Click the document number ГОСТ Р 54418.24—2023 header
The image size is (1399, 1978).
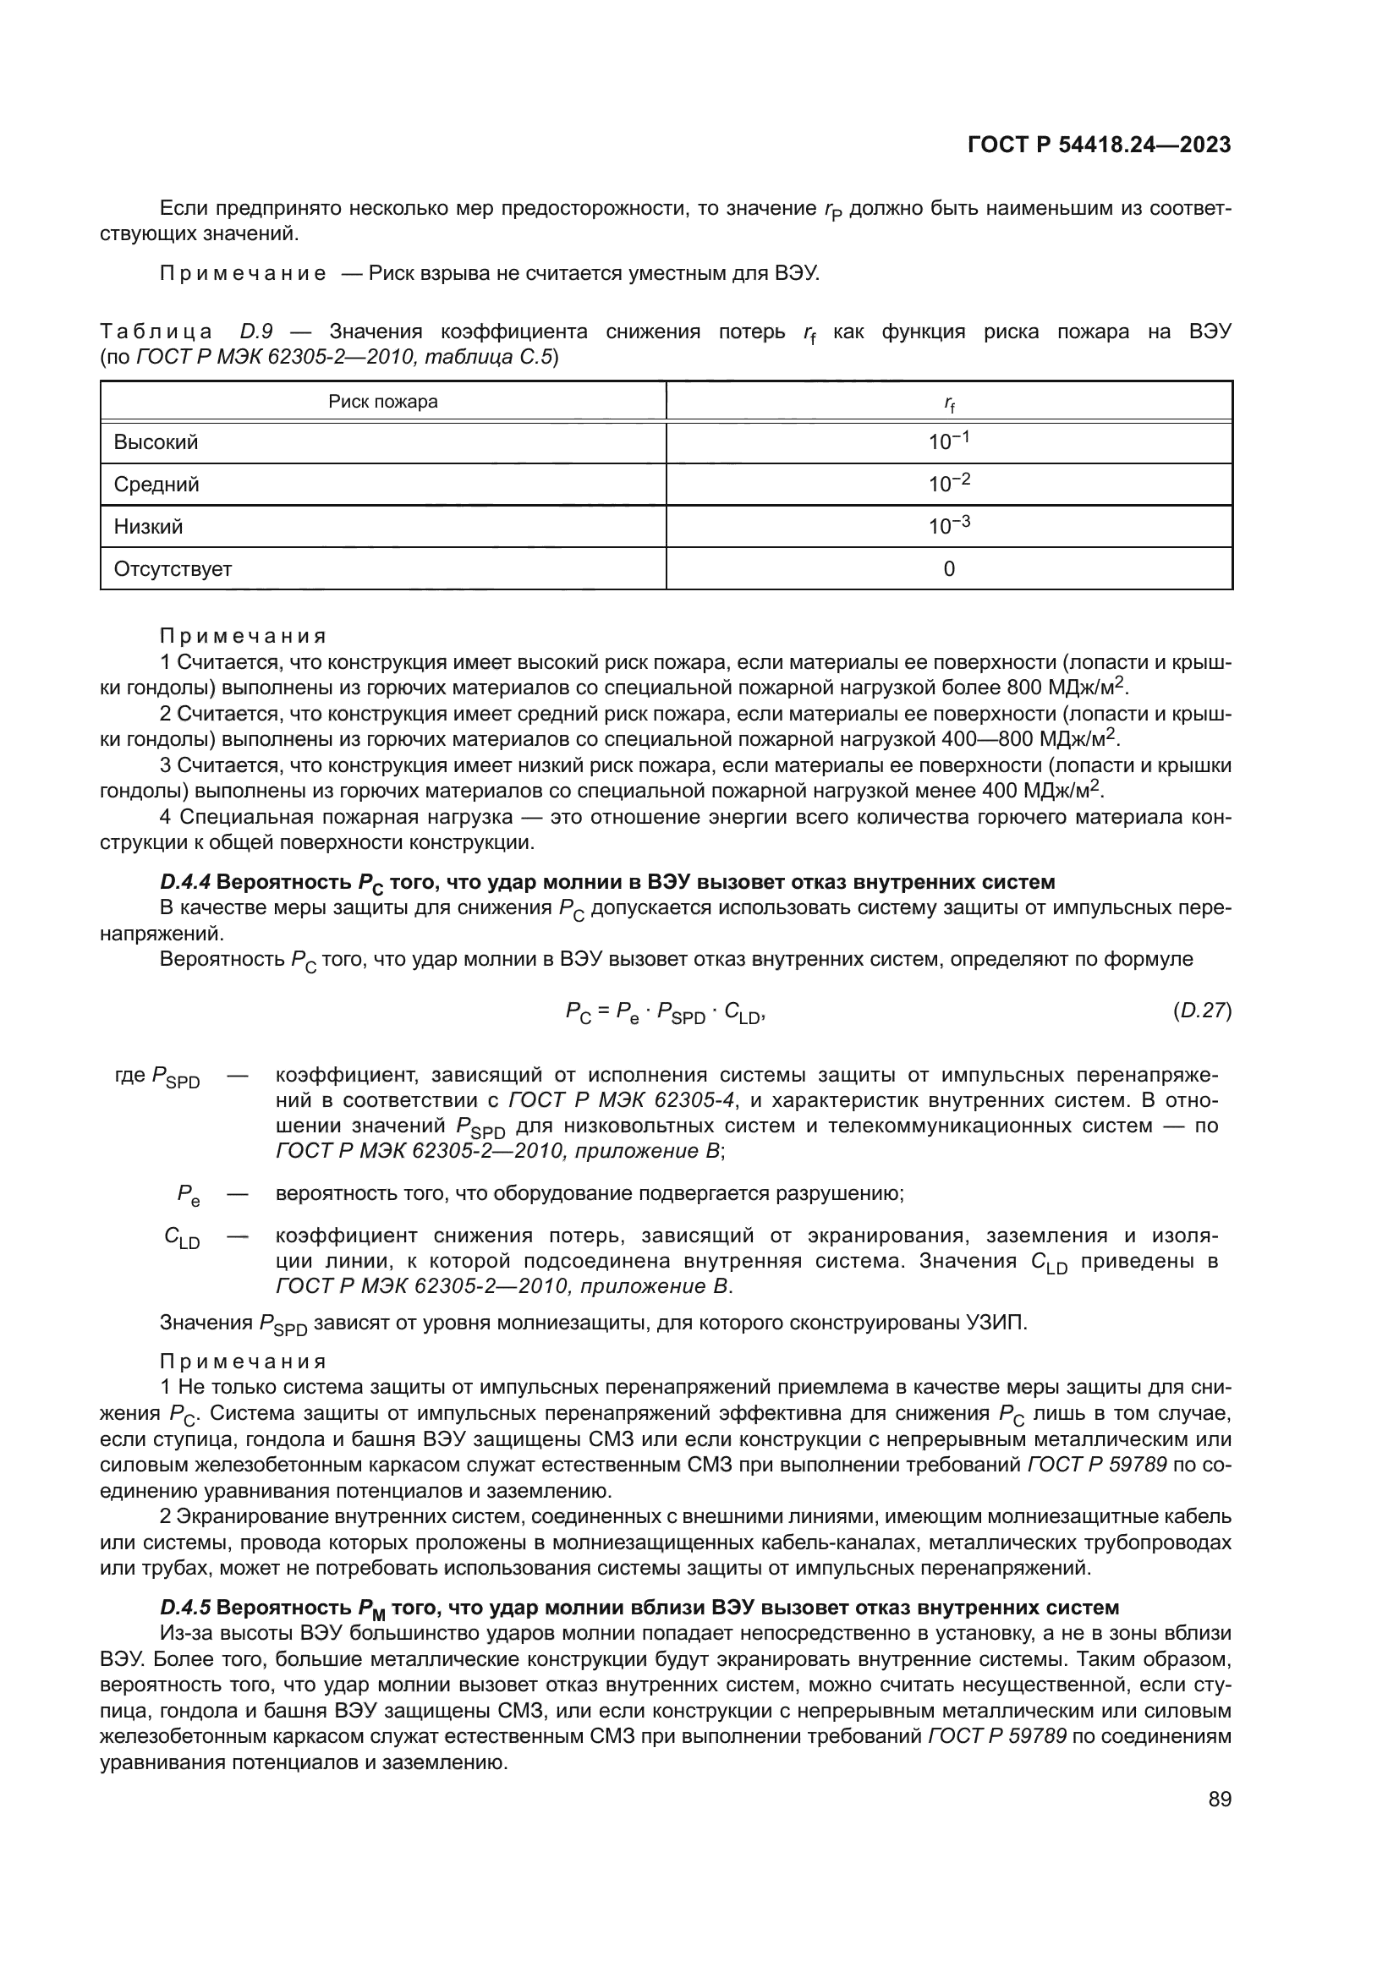(x=1099, y=145)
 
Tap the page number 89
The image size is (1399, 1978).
(x=1219, y=1800)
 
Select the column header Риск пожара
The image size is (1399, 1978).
(x=382, y=402)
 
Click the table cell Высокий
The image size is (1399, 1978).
(x=156, y=442)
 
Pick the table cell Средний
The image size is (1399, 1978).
(x=156, y=485)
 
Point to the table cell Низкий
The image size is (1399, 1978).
(x=148, y=526)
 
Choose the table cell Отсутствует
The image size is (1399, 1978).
(x=173, y=568)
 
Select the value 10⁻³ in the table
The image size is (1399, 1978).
(x=948, y=525)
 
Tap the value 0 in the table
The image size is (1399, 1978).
(x=948, y=568)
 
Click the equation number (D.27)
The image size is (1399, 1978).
(x=1202, y=1011)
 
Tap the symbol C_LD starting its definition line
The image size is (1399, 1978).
(x=182, y=1239)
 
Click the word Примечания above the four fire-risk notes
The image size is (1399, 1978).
(x=243, y=636)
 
